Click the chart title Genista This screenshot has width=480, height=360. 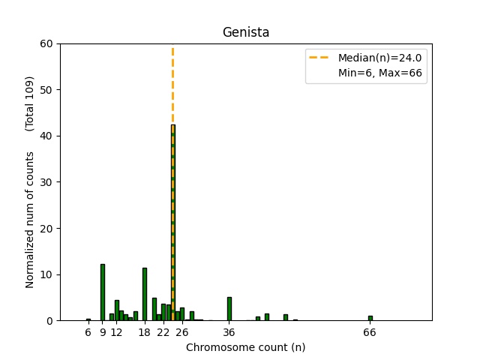coord(246,32)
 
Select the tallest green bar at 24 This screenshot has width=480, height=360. coord(172,225)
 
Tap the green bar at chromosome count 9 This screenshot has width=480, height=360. coord(103,292)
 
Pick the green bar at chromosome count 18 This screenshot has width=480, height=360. coord(145,294)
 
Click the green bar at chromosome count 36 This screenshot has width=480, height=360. coord(229,309)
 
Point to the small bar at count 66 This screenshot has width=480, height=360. coord(370,318)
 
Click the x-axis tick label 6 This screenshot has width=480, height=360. coord(88,332)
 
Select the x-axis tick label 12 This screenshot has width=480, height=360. coord(116,332)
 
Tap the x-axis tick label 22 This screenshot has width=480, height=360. coord(163,332)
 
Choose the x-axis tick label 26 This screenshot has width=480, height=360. coord(182,332)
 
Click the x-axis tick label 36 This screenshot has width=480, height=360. coord(229,332)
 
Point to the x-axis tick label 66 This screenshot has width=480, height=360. coord(370,332)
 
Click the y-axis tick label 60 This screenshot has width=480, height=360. coord(46,43)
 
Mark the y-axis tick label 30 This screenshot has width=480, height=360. coord(46,182)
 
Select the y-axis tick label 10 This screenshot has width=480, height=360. coord(46,274)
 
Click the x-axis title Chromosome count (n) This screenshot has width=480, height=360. coord(246,347)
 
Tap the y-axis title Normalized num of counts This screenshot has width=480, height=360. coord(31,219)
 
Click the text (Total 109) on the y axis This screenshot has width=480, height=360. coord(31,101)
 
